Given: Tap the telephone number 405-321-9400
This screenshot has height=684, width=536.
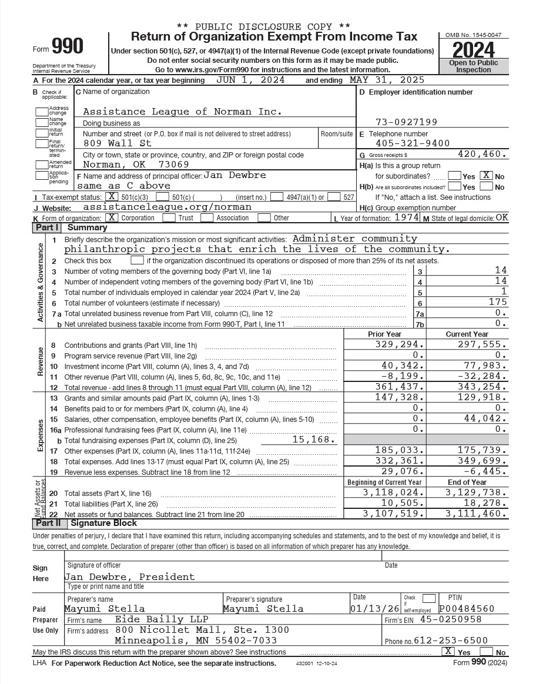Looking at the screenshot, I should coord(413,143).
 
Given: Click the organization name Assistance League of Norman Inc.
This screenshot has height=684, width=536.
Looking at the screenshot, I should coord(182,112).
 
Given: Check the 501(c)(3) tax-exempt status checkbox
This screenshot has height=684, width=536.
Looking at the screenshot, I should coord(111,197).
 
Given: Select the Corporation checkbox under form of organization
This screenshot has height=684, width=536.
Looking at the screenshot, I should coord(112,217).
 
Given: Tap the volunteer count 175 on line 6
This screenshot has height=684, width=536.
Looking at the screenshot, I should coord(497,302).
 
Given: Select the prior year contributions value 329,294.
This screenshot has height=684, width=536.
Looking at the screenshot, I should coord(400,344).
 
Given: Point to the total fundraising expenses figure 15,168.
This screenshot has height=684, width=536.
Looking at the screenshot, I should coord(314,440).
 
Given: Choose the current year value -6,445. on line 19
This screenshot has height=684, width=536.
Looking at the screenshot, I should coord(485,471).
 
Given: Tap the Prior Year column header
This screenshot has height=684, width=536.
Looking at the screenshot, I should coord(384,334).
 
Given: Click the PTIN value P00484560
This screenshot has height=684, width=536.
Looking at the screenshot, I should coord(467,609).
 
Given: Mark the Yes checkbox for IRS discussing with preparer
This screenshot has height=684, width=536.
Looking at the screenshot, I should coord(448,651).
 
